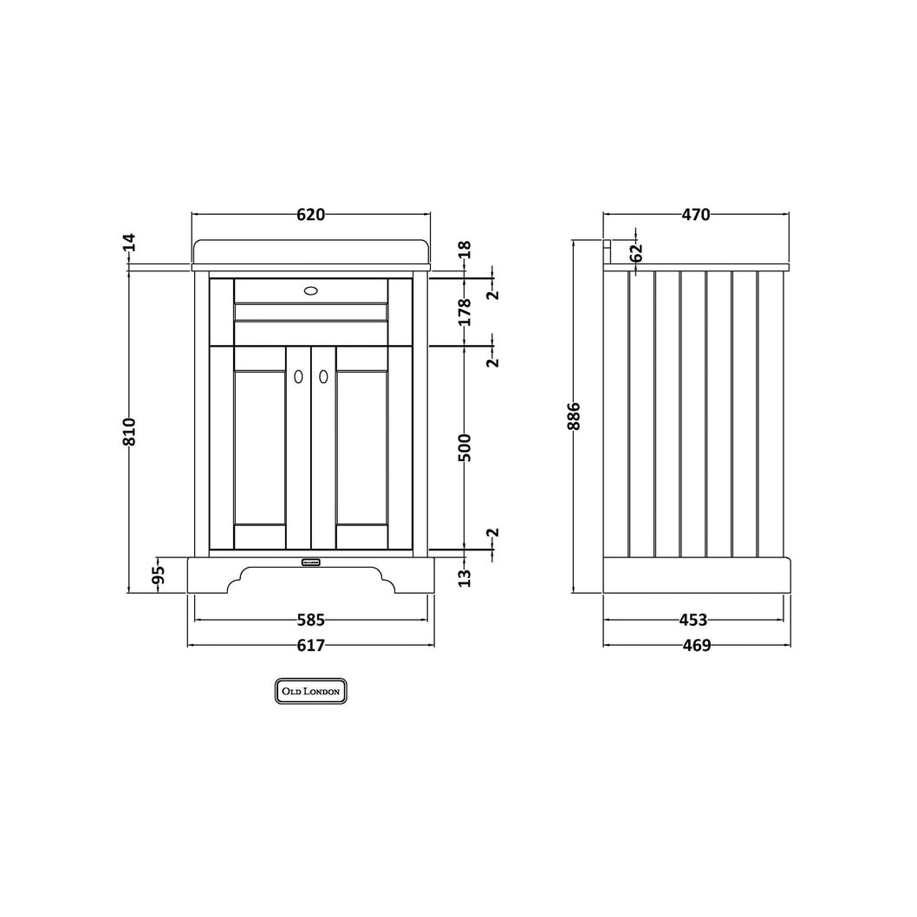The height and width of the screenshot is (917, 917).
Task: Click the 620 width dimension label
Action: [x=310, y=215]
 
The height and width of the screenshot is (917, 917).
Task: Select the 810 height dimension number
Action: [x=129, y=432]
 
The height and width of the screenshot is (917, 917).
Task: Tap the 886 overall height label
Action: [x=575, y=416]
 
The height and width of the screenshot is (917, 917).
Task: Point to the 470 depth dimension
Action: [x=696, y=215]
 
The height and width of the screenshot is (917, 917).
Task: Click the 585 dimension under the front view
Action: [x=310, y=620]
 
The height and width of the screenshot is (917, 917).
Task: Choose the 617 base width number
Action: [x=310, y=645]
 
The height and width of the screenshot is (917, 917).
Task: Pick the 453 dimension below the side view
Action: [x=693, y=620]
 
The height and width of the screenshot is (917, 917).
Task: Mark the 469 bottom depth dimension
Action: [x=697, y=645]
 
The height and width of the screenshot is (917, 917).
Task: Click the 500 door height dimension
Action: [x=464, y=447]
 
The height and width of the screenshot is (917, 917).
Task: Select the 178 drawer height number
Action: [x=464, y=312]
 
